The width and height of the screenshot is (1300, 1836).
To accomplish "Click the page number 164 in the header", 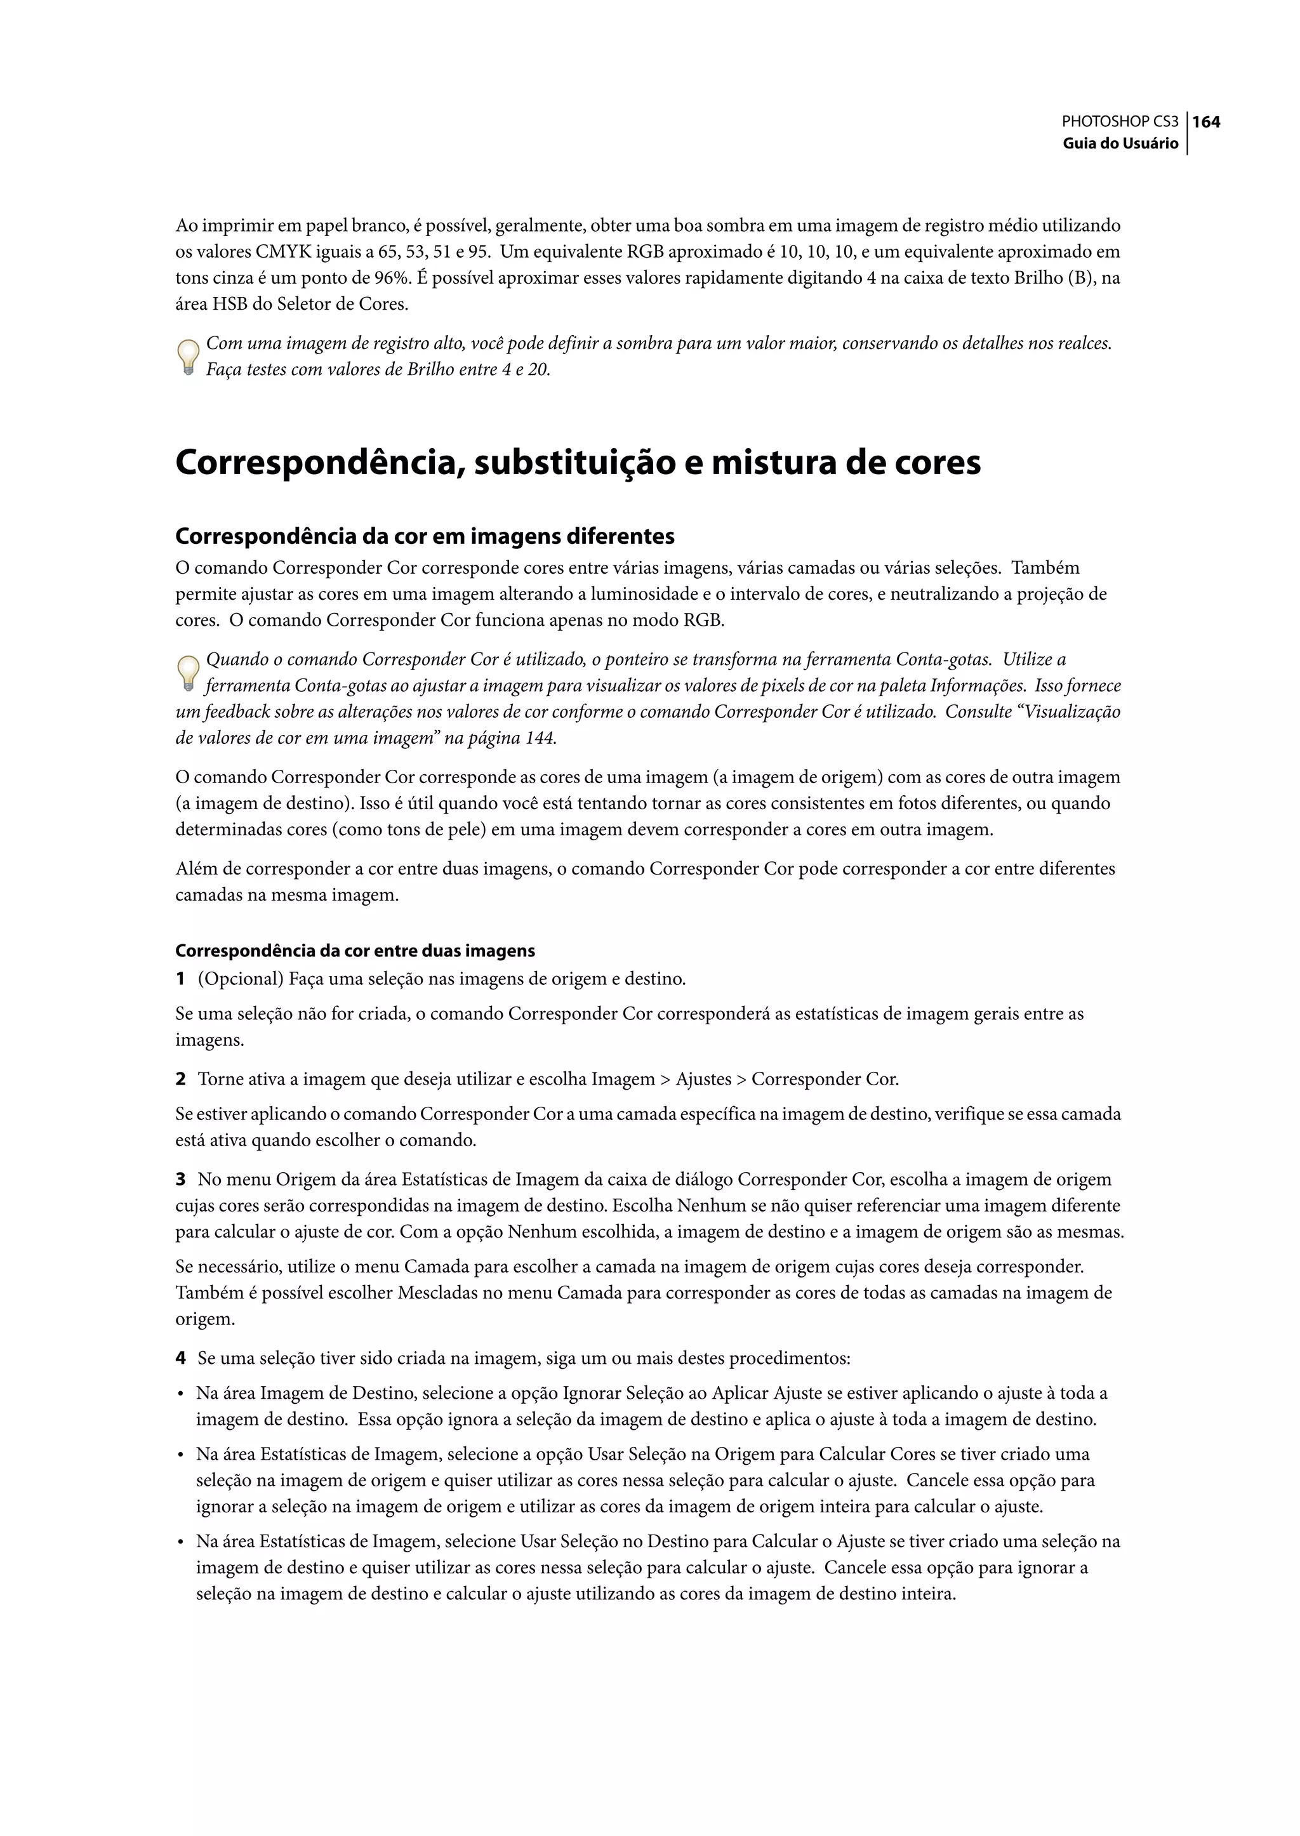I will pyautogui.click(x=1206, y=122).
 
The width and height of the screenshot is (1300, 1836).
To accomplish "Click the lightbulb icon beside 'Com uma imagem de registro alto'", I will pyautogui.click(x=187, y=357).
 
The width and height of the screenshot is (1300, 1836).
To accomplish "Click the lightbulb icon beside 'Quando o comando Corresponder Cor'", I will pyautogui.click(x=187, y=673).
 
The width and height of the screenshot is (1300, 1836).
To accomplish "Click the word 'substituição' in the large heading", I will pyautogui.click(x=568, y=463).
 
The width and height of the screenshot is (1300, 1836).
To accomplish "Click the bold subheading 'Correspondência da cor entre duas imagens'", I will pyautogui.click(x=355, y=951).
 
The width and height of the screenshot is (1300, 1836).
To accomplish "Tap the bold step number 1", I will pyautogui.click(x=181, y=979).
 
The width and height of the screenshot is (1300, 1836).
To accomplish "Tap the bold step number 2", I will pyautogui.click(x=181, y=1079).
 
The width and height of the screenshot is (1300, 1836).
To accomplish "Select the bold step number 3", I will pyautogui.click(x=181, y=1179).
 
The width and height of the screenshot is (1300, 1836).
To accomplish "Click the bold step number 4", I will pyautogui.click(x=181, y=1358).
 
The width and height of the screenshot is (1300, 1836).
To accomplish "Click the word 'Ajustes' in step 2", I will pyautogui.click(x=703, y=1079).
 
